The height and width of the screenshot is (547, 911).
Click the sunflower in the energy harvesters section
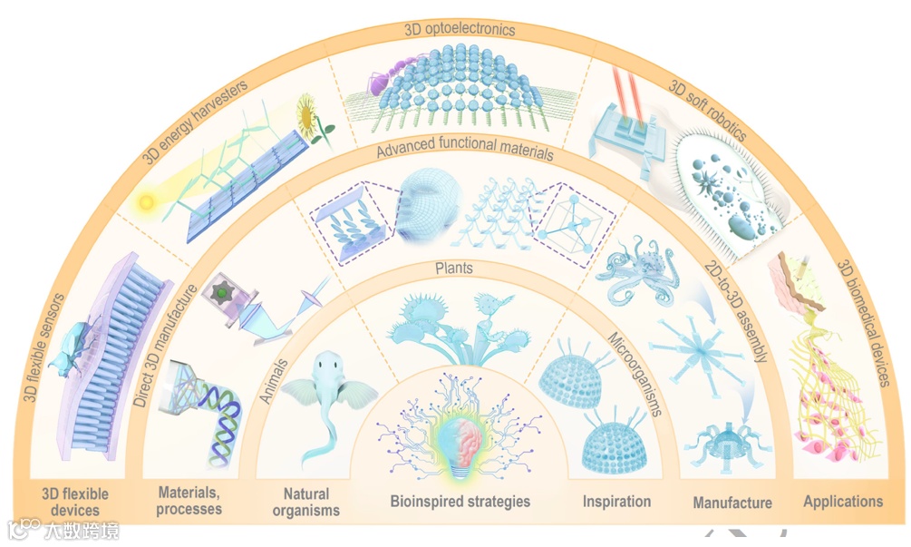pos(314,122)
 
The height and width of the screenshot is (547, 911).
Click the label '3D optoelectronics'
pos(460,30)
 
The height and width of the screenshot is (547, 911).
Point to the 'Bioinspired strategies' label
pos(460,501)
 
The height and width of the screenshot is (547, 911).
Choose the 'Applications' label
pos(842,501)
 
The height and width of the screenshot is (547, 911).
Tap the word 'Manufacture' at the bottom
pos(732,502)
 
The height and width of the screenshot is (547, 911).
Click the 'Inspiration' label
pos(616,501)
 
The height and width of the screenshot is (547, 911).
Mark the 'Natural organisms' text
pos(306,503)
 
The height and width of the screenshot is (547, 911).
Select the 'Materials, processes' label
pos(189,501)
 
